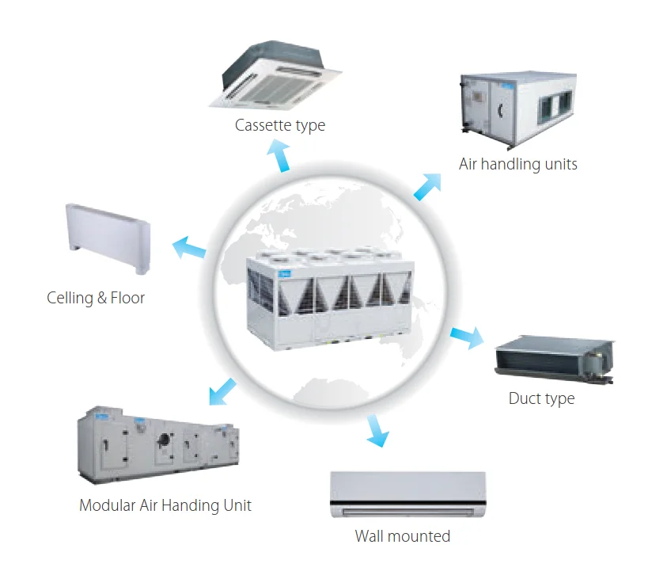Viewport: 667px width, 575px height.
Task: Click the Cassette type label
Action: (x=280, y=125)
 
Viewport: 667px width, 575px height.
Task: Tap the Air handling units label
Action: (x=518, y=164)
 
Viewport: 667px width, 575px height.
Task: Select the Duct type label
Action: (x=541, y=398)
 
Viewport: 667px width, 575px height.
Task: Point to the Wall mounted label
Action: (x=403, y=536)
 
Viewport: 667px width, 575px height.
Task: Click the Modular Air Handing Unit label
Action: (x=165, y=505)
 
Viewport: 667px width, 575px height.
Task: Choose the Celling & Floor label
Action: (x=96, y=298)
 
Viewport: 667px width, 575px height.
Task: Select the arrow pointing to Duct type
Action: (x=467, y=337)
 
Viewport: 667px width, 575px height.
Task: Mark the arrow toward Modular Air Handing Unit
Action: (x=223, y=392)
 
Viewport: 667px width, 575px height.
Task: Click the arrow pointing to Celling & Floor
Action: (x=189, y=248)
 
